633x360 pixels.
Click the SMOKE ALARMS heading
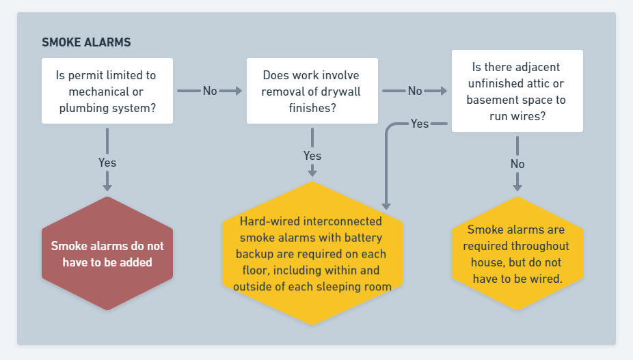[x=86, y=42]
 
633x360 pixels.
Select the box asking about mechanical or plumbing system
[x=107, y=91]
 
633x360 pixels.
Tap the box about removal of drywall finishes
[x=312, y=91]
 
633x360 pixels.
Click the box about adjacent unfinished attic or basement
[x=517, y=91]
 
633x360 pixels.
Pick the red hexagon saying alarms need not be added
[x=107, y=253]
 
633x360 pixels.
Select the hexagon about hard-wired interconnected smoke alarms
[x=312, y=253]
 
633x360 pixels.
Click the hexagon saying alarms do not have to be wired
[x=517, y=253]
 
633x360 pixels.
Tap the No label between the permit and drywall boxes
[x=210, y=91]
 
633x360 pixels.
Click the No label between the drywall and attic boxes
[x=415, y=91]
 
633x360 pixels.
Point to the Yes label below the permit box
[x=107, y=163]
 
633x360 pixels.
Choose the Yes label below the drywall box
[x=312, y=156]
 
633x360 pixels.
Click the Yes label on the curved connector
[x=420, y=124]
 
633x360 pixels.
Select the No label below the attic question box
[x=517, y=164]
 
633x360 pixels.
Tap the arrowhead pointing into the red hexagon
[x=107, y=187]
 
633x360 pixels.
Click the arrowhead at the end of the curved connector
[x=386, y=206]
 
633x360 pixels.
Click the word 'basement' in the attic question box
[x=489, y=100]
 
